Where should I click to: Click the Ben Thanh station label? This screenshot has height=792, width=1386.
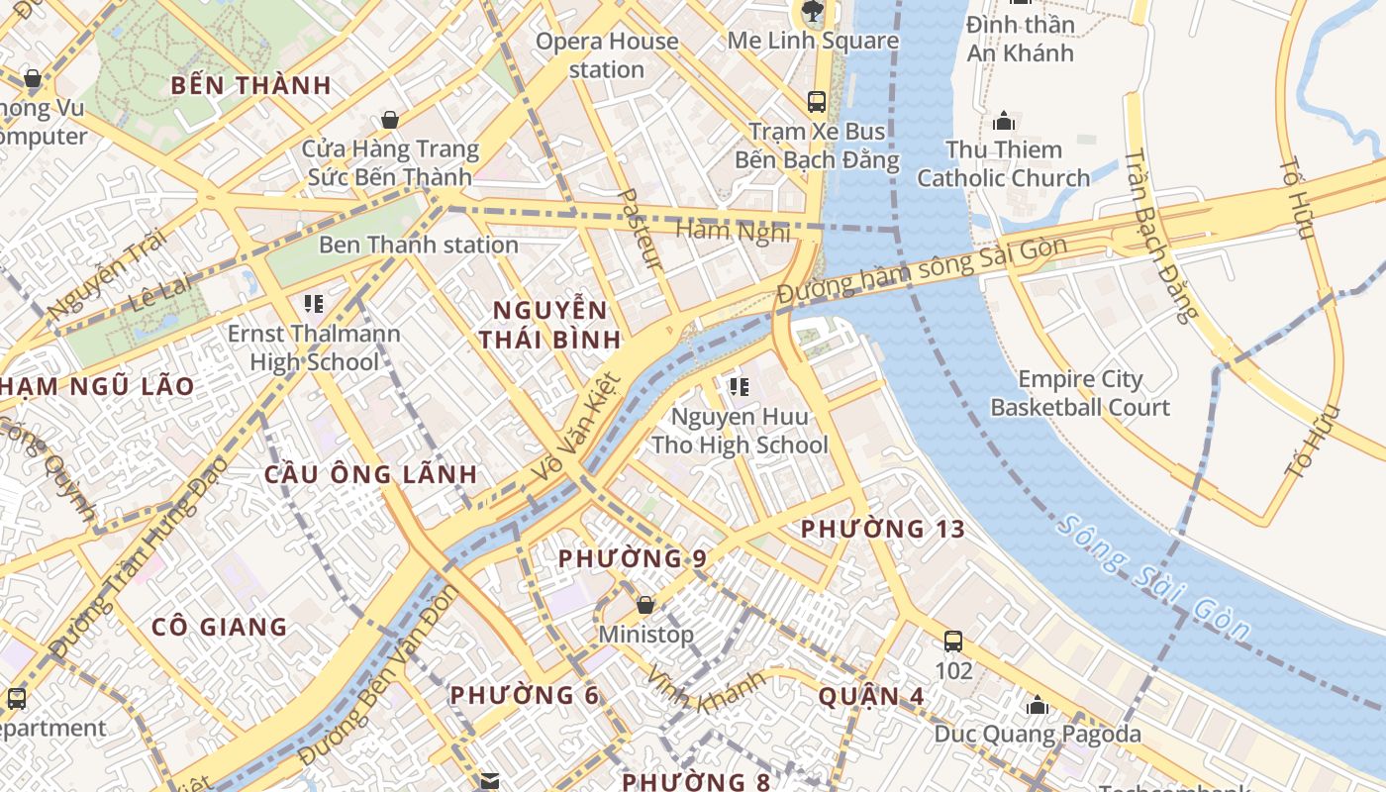(x=418, y=245)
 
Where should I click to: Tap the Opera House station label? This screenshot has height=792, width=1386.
(x=607, y=55)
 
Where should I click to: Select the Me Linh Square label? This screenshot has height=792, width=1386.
(x=813, y=41)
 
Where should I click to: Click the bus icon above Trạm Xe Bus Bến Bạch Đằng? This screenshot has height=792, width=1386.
(x=817, y=101)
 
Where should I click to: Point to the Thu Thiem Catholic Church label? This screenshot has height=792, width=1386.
(x=1003, y=164)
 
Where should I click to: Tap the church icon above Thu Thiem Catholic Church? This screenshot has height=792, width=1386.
(x=1004, y=122)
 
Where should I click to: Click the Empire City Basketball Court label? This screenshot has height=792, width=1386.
(x=1080, y=393)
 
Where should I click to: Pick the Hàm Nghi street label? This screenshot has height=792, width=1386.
(x=733, y=231)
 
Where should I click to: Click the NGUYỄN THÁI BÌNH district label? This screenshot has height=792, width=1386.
(x=550, y=325)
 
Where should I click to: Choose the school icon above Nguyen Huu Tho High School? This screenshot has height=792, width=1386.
(x=739, y=386)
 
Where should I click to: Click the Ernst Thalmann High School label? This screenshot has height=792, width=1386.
(x=314, y=347)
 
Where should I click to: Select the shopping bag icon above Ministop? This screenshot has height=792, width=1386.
(x=645, y=604)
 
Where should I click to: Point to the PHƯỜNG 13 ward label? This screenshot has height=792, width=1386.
(x=882, y=530)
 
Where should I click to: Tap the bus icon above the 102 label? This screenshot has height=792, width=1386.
(x=953, y=642)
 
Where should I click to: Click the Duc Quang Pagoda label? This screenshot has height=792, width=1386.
(x=1038, y=735)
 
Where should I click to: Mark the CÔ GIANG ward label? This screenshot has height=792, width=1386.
(x=219, y=627)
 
